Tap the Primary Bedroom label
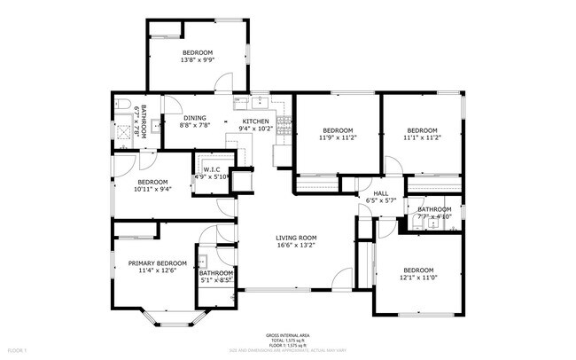tap(157, 263)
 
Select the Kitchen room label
tap(255, 121)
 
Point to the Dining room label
tap(195, 118)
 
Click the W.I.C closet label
tap(212, 169)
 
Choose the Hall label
tap(379, 193)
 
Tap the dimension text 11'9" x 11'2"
tap(337, 137)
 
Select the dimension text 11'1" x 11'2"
tap(422, 137)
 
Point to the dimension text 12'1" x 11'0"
tap(418, 278)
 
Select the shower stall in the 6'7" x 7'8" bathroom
tap(123, 128)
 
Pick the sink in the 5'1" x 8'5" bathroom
tap(202, 262)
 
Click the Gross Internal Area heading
tap(288, 335)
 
